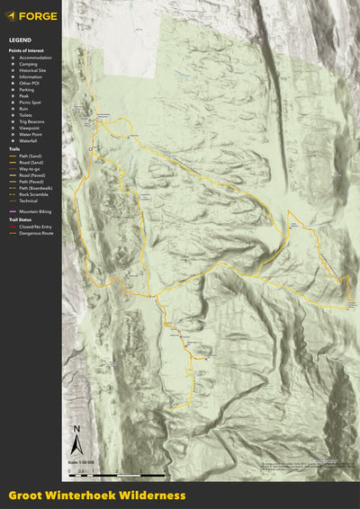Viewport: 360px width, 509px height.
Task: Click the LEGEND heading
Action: (20, 41)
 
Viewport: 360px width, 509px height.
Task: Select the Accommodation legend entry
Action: (34, 58)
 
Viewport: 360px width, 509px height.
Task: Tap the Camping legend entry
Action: (29, 65)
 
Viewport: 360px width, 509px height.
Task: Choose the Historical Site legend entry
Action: (34, 72)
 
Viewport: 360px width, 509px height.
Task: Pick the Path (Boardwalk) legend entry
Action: (35, 188)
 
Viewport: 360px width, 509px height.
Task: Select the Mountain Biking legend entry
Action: (34, 211)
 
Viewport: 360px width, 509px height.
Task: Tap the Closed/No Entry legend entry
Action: (34, 228)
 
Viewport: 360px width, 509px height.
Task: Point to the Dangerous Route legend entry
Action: (34, 234)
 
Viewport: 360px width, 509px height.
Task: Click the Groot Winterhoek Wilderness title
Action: (97, 496)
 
